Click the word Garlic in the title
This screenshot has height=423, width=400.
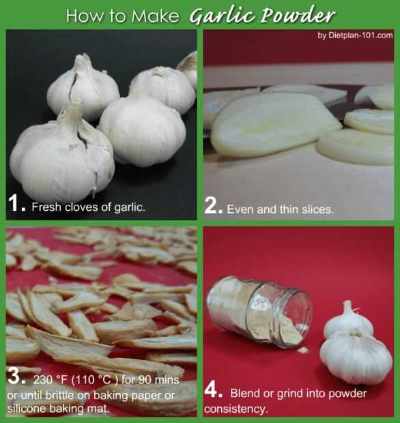222,16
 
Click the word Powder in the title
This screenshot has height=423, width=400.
298,15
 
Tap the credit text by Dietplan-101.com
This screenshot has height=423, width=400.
355,35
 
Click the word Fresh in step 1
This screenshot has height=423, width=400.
46,207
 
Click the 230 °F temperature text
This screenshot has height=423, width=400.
51,380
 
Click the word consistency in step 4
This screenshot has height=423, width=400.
235,409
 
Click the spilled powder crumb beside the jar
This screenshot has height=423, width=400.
303,350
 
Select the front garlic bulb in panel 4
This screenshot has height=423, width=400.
356,357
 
